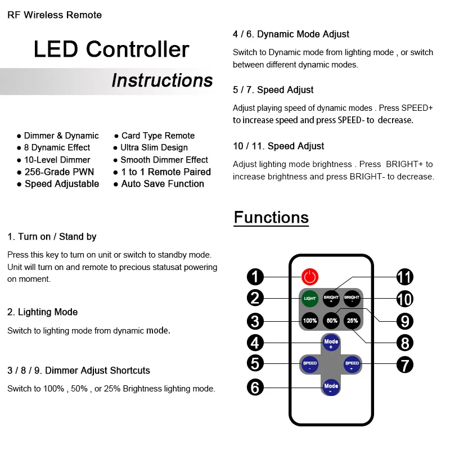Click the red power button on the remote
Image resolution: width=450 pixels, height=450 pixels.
tap(310, 277)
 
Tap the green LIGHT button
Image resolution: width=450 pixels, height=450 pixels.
tap(310, 298)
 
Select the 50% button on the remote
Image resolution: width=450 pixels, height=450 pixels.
tap(331, 321)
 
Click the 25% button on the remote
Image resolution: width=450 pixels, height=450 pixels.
tap(352, 321)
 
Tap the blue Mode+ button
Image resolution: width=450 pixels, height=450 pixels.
tap(331, 343)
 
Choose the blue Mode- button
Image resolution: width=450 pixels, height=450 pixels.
tap(331, 387)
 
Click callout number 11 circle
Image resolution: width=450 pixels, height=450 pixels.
tap(404, 277)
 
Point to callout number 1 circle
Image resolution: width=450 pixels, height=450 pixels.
tap(255, 277)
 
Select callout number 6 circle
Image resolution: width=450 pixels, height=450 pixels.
tap(255, 387)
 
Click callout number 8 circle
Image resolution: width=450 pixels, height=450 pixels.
tap(404, 343)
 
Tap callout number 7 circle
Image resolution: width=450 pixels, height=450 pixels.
tap(404, 364)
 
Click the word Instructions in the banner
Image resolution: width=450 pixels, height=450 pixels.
tap(162, 80)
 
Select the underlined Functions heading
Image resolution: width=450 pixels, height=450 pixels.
tap(271, 218)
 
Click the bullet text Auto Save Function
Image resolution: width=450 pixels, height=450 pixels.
tap(163, 184)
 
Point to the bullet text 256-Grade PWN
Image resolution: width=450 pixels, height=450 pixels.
tap(59, 172)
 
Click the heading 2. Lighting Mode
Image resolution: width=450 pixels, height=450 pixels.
tap(43, 312)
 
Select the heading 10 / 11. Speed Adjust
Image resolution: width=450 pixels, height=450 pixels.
tap(278, 146)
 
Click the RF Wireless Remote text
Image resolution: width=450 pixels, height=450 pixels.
tap(55, 15)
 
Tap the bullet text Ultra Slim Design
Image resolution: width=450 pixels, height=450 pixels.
tap(154, 147)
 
